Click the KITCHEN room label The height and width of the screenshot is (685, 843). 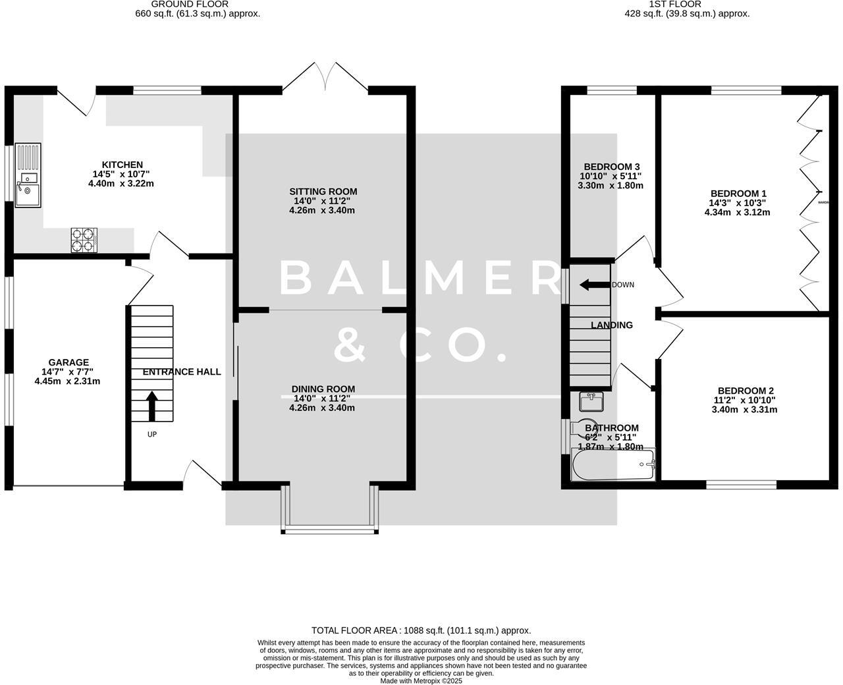click(x=122, y=165)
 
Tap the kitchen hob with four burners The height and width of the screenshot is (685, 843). click(x=84, y=240)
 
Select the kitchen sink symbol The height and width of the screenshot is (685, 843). click(x=28, y=175)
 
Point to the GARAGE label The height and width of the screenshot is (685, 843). click(x=68, y=362)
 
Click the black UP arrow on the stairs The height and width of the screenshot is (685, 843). click(x=151, y=406)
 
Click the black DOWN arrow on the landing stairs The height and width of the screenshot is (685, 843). click(x=593, y=285)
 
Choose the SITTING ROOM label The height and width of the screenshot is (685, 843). click(x=323, y=192)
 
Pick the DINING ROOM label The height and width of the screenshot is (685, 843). click(x=323, y=389)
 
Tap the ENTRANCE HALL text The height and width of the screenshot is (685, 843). click(x=182, y=372)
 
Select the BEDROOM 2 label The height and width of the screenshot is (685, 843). click(x=744, y=391)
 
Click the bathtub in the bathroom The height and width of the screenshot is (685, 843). click(x=613, y=466)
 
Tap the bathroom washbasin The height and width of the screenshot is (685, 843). click(x=591, y=400)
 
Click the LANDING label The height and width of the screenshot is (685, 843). click(x=611, y=325)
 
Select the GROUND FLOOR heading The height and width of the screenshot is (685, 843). click(x=190, y=4)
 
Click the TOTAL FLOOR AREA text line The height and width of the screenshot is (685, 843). click(x=421, y=630)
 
